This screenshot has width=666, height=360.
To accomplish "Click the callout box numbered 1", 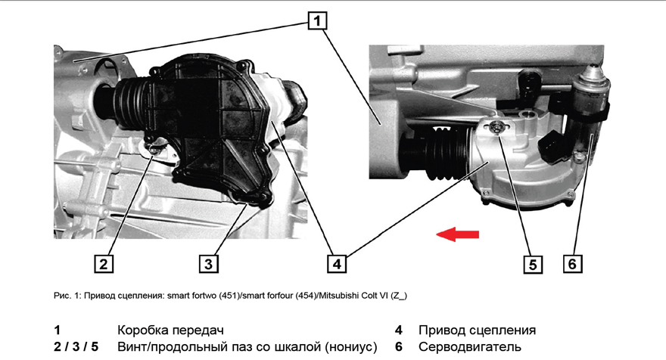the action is pyautogui.click(x=317, y=20).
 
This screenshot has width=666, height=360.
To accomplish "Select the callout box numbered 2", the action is pyautogui.click(x=104, y=264).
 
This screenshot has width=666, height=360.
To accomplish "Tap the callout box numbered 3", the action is pyautogui.click(x=209, y=264).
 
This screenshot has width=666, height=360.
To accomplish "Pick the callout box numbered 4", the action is pyautogui.click(x=337, y=264).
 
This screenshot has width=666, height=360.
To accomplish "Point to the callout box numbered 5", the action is pyautogui.click(x=533, y=264).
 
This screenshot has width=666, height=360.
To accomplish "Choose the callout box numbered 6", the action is pyautogui.click(x=573, y=264).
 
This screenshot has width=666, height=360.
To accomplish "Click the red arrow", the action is pyautogui.click(x=458, y=234).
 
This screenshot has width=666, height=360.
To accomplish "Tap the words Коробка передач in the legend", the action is pyautogui.click(x=170, y=331).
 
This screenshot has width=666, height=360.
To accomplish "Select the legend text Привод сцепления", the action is pyautogui.click(x=477, y=331).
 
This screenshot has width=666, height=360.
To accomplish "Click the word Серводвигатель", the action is pyautogui.click(x=470, y=347).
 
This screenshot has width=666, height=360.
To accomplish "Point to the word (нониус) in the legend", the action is pyautogui.click(x=351, y=347).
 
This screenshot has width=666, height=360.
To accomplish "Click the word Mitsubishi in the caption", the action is pyautogui.click(x=338, y=296).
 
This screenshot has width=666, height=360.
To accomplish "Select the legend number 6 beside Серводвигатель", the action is pyautogui.click(x=398, y=347).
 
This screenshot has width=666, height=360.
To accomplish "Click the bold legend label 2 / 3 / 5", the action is pyautogui.click(x=76, y=347).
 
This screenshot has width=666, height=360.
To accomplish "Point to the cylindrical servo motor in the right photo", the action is pyautogui.click(x=591, y=110).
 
